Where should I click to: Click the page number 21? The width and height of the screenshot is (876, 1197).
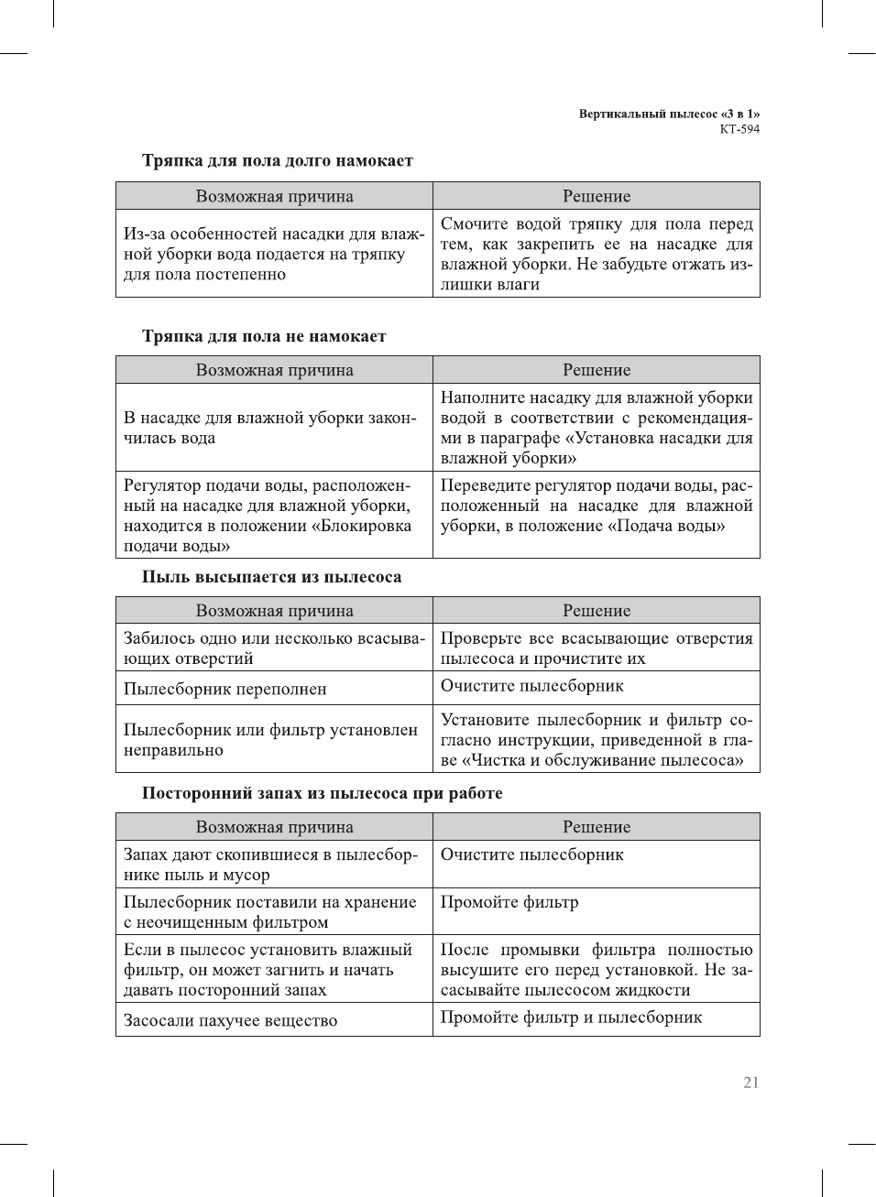(750, 1083)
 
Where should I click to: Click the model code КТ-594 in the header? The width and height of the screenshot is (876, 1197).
(739, 129)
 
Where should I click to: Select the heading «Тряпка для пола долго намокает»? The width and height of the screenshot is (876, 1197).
(277, 161)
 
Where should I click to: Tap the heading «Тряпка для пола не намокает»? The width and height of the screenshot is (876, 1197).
(264, 336)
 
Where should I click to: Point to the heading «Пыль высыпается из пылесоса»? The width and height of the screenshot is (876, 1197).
(271, 577)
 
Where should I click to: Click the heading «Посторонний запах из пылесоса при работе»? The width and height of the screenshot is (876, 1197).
(322, 793)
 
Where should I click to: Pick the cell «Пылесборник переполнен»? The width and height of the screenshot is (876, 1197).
(225, 689)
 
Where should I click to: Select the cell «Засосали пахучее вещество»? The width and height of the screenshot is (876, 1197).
(231, 1020)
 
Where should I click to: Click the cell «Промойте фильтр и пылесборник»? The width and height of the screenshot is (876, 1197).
(571, 1017)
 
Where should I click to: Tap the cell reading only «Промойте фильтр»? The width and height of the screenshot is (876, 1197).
(509, 902)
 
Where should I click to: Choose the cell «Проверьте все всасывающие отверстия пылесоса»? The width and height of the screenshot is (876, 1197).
(596, 648)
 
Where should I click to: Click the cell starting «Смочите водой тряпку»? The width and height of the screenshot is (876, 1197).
(596, 254)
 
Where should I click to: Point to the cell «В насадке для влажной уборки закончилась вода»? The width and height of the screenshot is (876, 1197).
(270, 428)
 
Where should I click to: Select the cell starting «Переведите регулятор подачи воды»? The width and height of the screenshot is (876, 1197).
(596, 506)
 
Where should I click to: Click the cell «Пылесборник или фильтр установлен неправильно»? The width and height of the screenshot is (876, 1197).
(270, 740)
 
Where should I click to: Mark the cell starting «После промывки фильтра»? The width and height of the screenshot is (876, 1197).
(596, 970)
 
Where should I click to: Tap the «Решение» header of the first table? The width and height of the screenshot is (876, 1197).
(597, 196)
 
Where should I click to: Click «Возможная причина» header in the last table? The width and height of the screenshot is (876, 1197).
(274, 827)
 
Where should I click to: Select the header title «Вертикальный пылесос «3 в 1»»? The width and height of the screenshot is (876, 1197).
(669, 114)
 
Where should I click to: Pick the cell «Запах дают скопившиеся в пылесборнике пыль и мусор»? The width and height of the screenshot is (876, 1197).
(270, 865)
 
